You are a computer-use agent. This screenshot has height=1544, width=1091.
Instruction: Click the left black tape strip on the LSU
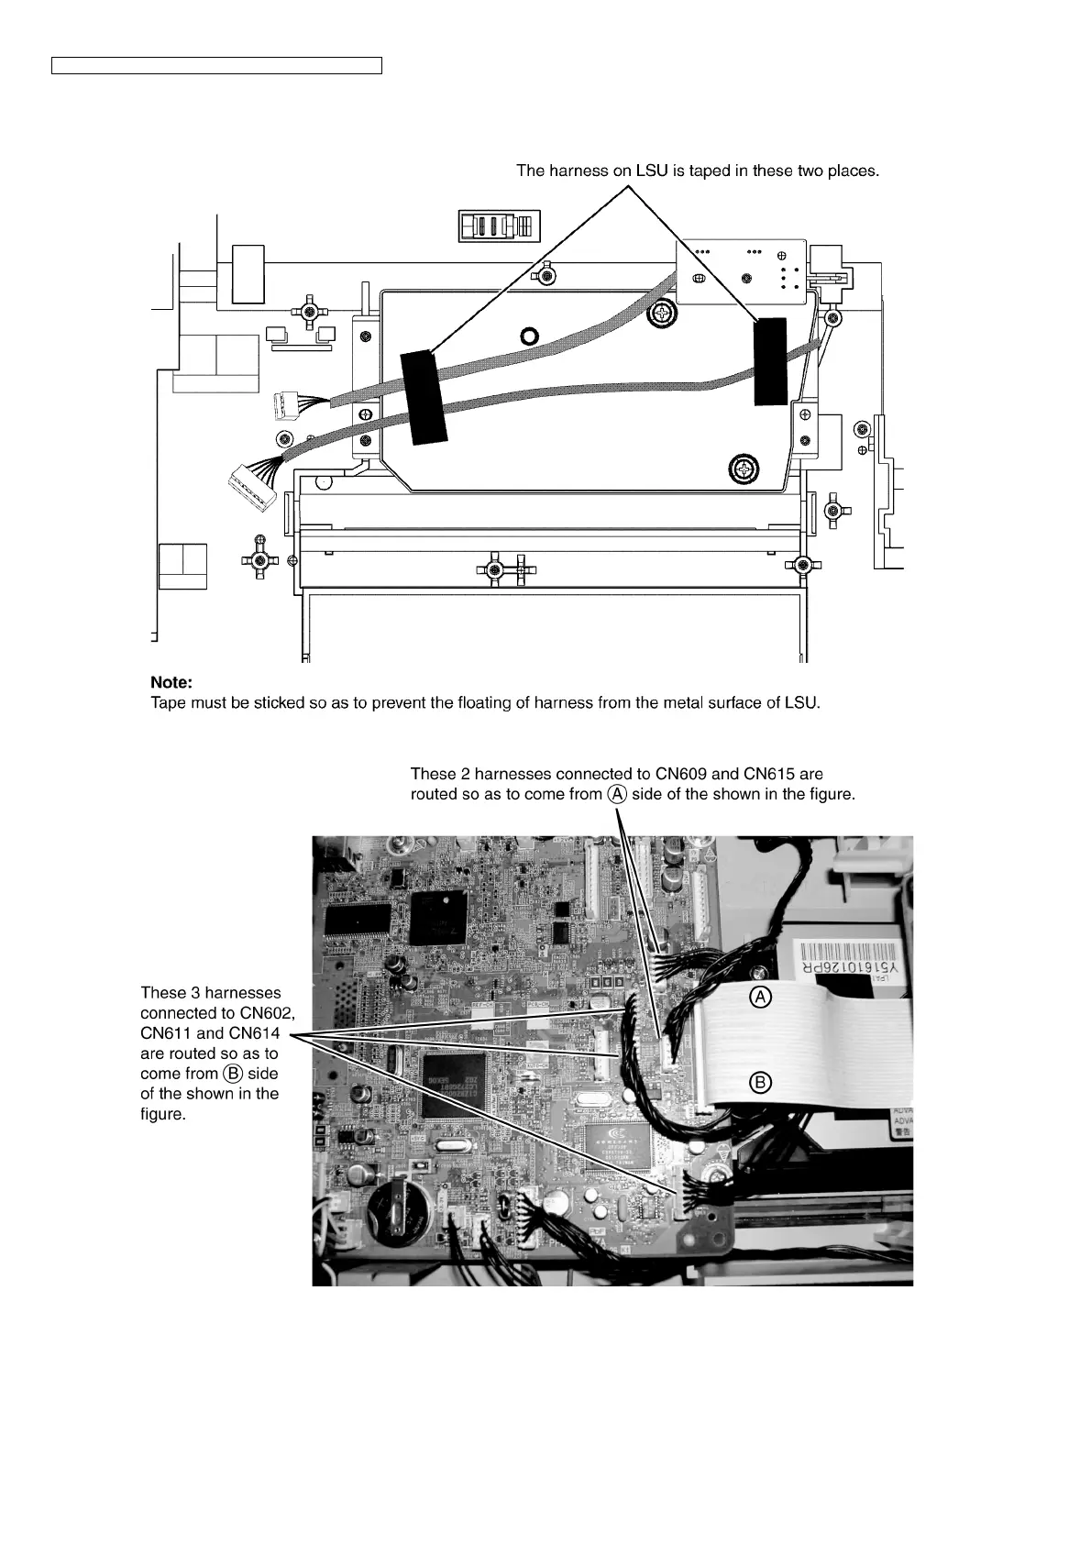[422, 396]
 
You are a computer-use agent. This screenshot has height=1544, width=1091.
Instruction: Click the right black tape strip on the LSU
[770, 361]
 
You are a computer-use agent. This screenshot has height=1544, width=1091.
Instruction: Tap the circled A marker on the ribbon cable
[760, 998]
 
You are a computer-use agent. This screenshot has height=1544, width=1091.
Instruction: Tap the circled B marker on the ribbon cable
[760, 1083]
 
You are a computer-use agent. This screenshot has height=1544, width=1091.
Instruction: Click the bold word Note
[171, 683]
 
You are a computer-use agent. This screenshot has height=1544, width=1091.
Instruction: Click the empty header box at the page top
[216, 64]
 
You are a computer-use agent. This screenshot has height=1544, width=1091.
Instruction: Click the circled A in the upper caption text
[618, 794]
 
